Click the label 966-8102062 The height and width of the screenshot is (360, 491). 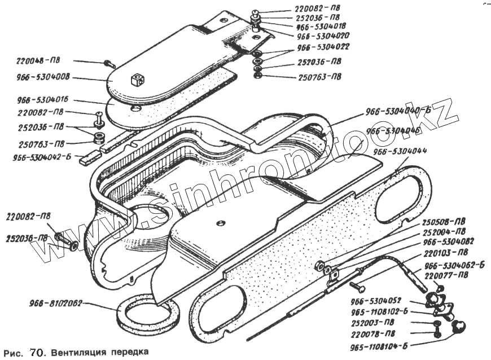(x=56, y=303)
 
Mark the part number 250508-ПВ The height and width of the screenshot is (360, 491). (x=445, y=222)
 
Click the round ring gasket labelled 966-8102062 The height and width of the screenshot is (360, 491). (x=145, y=317)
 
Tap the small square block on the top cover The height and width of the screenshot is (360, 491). (x=137, y=80)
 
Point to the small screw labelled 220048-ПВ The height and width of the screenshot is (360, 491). (x=108, y=64)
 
